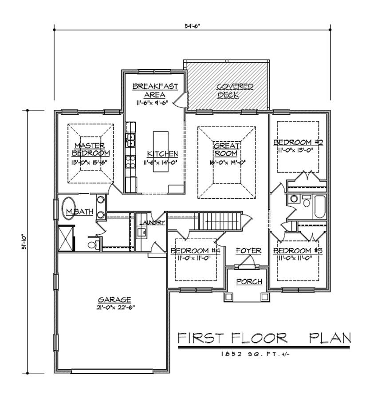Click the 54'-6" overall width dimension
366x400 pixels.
pos(193,25)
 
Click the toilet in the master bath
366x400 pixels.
pos(92,244)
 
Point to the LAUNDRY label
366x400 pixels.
pos(152,222)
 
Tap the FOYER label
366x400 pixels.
pos(248,251)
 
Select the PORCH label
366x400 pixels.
pos(248,281)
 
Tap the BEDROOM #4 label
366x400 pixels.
pos(195,251)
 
